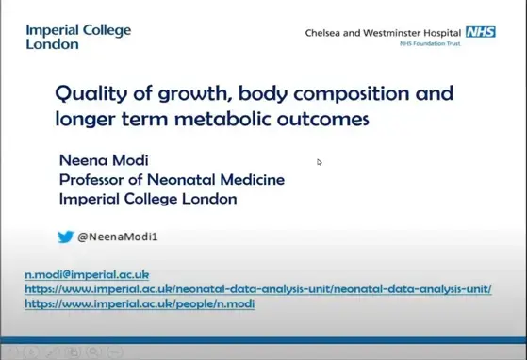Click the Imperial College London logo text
click(x=78, y=37)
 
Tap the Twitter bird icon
click(x=65, y=237)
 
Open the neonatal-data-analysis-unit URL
click(x=256, y=289)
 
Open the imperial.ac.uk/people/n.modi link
click(x=139, y=304)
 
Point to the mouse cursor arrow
click(x=320, y=162)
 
